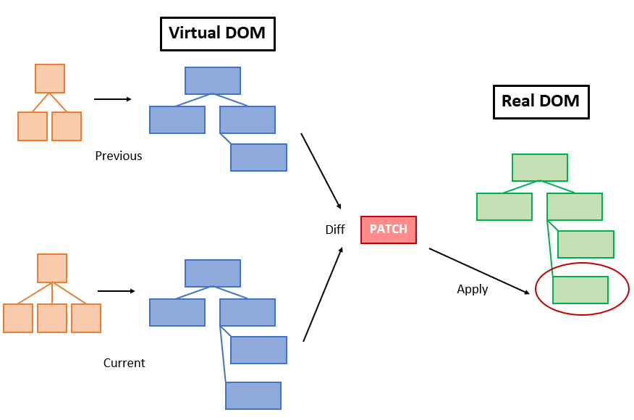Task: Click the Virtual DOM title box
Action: pyautogui.click(x=217, y=33)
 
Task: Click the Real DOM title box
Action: pyautogui.click(x=540, y=101)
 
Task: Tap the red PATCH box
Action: pyautogui.click(x=389, y=230)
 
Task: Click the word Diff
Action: pyautogui.click(x=334, y=230)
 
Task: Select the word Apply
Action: pyautogui.click(x=472, y=290)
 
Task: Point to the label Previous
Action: pyautogui.click(x=119, y=156)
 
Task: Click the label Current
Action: pyautogui.click(x=124, y=363)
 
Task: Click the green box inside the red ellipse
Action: pyautogui.click(x=580, y=290)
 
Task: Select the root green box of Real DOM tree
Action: pyautogui.click(x=539, y=167)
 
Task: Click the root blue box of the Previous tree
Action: pyautogui.click(x=212, y=80)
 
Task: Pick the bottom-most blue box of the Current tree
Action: pyautogui.click(x=253, y=396)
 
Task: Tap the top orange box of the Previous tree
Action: pyautogui.click(x=50, y=78)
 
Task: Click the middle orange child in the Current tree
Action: pyautogui.click(x=52, y=318)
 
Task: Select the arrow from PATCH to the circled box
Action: pyautogui.click(x=479, y=272)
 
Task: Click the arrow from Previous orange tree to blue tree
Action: pyautogui.click(x=113, y=99)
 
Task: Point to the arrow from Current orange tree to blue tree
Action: pyautogui.click(x=116, y=291)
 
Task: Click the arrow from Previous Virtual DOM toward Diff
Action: pyautogui.click(x=321, y=171)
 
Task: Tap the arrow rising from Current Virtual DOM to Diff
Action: pyautogui.click(x=323, y=294)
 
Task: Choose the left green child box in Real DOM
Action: pyautogui.click(x=504, y=206)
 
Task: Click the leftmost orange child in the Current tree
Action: pyautogui.click(x=18, y=318)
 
